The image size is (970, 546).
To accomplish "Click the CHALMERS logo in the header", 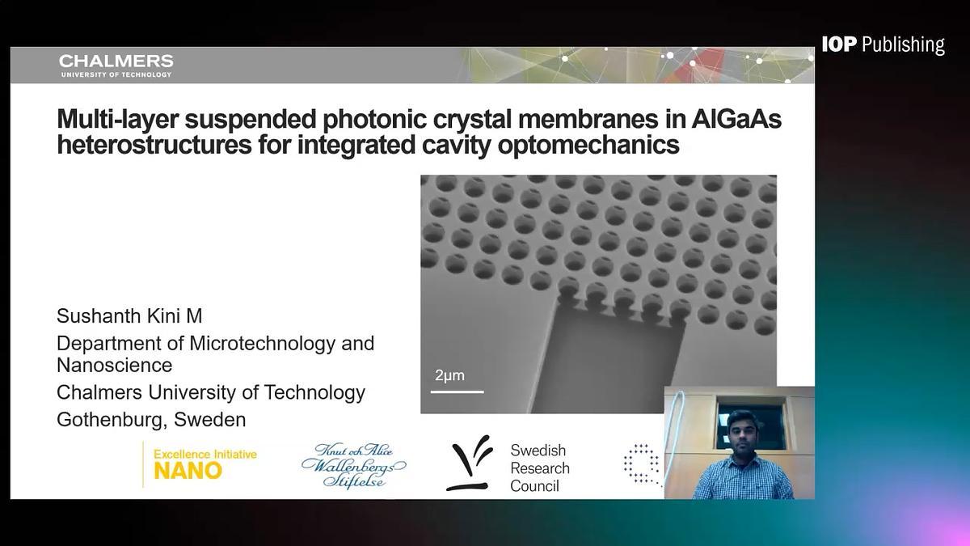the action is coord(116,66).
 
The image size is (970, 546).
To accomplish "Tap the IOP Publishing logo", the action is coord(884,45).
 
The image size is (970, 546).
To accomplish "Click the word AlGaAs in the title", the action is coord(736,118).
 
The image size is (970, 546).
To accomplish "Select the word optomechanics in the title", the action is coord(588,145).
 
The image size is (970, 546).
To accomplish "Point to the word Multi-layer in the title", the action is coord(118,119).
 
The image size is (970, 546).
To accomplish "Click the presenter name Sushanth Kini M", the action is coord(129,316).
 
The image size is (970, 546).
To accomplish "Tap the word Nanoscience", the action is coord(114,366).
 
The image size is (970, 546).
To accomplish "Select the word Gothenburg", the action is coord(111,420).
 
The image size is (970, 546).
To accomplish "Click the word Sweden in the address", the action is coord(209,420).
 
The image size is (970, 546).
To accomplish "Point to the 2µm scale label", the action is coord(449,375).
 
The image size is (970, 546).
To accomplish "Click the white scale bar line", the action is coord(457,392).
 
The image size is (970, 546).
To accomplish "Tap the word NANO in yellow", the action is coord(188,471).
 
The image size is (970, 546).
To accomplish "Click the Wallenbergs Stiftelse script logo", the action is coord(354,466).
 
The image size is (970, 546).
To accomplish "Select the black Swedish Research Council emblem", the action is coord(470,463).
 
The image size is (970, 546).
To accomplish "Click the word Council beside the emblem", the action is coord(534,486).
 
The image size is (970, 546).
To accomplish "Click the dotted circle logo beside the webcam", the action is coord(642,463).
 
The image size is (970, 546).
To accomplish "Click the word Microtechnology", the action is coord(263,344).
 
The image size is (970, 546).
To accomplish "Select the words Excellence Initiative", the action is coord(205,454).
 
